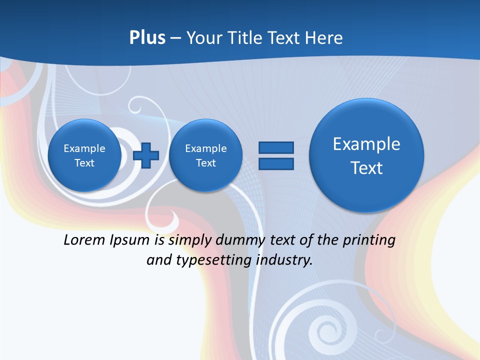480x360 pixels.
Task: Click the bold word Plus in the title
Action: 147,38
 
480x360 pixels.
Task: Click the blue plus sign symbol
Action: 146,155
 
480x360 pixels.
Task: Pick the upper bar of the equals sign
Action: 276,147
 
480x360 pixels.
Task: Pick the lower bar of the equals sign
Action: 276,163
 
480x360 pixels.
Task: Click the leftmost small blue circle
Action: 84,155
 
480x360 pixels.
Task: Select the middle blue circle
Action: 205,155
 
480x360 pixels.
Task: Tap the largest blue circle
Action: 366,155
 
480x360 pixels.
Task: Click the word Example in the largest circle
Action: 366,144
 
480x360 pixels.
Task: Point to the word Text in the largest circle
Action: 366,168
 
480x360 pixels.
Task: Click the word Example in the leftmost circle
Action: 84,148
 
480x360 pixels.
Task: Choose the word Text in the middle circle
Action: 205,163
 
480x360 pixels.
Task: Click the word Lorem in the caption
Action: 84,240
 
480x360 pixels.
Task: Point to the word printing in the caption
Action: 370,240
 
